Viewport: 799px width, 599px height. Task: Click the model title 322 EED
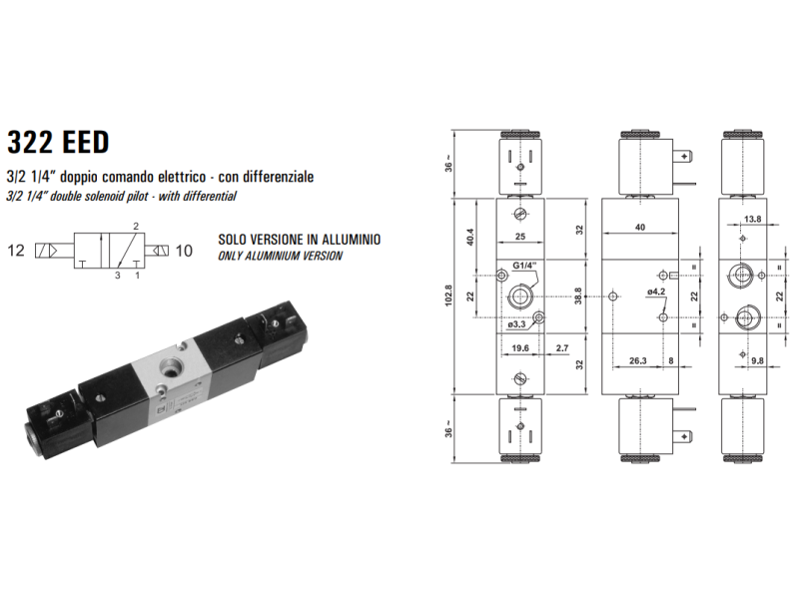coord(58,142)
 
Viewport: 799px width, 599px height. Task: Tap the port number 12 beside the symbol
coord(16,251)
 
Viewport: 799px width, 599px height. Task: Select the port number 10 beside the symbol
coord(184,251)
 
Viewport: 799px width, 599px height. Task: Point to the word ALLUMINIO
coord(352,240)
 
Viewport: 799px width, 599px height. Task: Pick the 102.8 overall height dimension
coord(448,296)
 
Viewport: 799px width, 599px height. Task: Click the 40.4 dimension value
coord(470,237)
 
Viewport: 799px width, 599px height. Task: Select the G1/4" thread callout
coord(524,266)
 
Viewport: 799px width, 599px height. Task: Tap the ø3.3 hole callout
coord(516,324)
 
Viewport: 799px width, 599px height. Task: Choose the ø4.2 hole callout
coord(656,292)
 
